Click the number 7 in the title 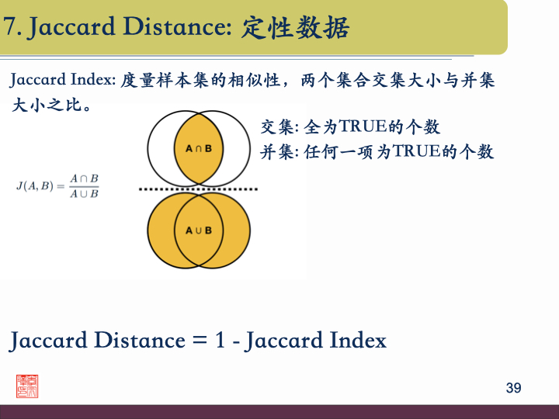[9, 28]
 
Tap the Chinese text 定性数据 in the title [296, 28]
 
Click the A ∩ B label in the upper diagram [199, 147]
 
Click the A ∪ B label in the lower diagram [199, 230]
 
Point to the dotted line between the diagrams [200, 189]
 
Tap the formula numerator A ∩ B [84, 178]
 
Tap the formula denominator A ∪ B [84, 194]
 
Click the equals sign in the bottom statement [197, 341]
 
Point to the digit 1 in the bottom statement [219, 341]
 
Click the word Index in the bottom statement [358, 341]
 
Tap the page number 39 [513, 388]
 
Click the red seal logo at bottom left [27, 386]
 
